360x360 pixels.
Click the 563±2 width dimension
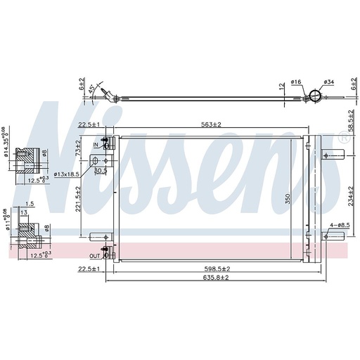click(209, 125)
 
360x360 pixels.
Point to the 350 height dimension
click(287, 200)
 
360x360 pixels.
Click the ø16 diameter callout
click(296, 83)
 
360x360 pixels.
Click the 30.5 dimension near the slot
click(100, 169)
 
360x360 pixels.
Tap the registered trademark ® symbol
click(344, 140)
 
